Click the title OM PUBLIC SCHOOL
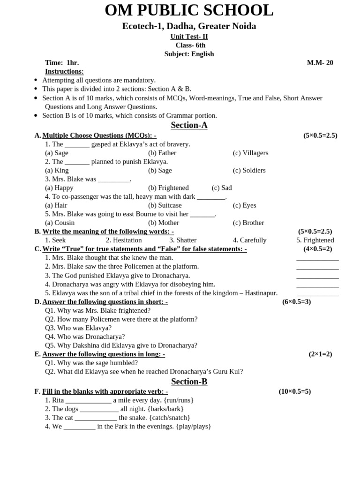coord(189,10)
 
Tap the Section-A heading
coord(189,125)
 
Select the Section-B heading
coord(189,382)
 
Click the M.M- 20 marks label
coord(320,63)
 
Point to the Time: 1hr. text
coord(62,63)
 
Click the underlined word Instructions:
coord(64,71)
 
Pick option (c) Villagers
coord(250,153)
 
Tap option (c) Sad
coord(222,188)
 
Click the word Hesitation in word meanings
coord(124,240)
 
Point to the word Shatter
coord(183,240)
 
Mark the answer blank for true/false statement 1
coord(317,259)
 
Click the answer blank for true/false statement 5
coord(317,295)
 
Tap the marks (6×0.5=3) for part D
coord(296,302)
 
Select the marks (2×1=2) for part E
coord(320,354)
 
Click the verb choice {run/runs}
coord(179,400)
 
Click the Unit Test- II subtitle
coord(189,37)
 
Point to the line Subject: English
coord(189,54)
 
